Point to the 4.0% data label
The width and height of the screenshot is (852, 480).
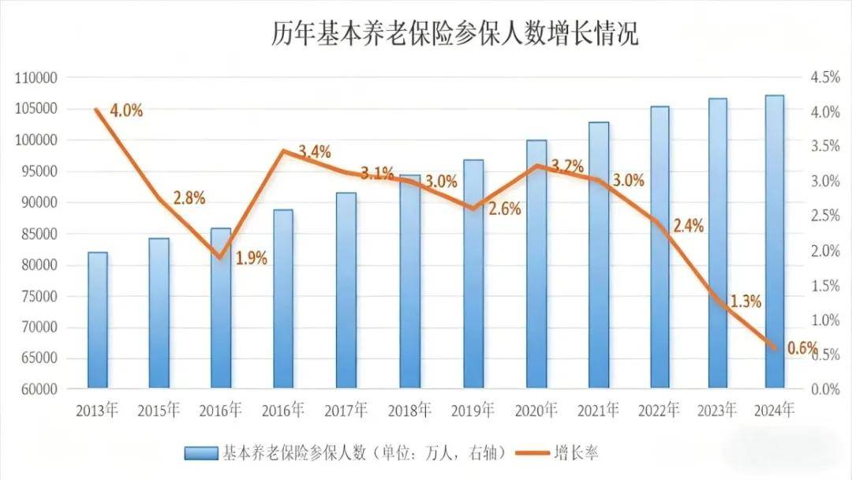tap(126, 111)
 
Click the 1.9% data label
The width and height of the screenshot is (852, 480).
tap(252, 257)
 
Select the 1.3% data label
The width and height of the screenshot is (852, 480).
tap(744, 301)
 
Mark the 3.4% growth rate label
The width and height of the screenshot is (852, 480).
tap(315, 152)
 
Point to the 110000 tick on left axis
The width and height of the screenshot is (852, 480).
tap(37, 78)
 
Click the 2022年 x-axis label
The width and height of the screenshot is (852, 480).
tap(658, 411)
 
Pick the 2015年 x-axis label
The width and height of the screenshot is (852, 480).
tap(159, 411)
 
